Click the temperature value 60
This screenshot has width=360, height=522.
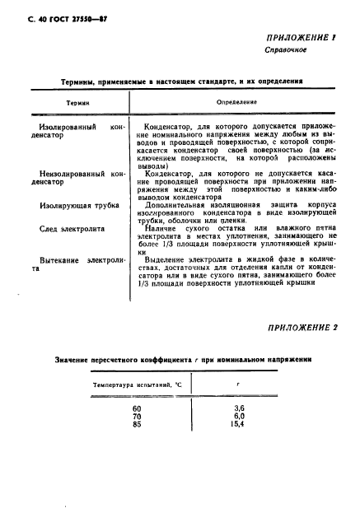pyautogui.click(x=137, y=408)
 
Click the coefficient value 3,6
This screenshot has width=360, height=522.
pyautogui.click(x=240, y=408)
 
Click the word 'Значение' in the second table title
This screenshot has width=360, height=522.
pyautogui.click(x=72, y=359)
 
